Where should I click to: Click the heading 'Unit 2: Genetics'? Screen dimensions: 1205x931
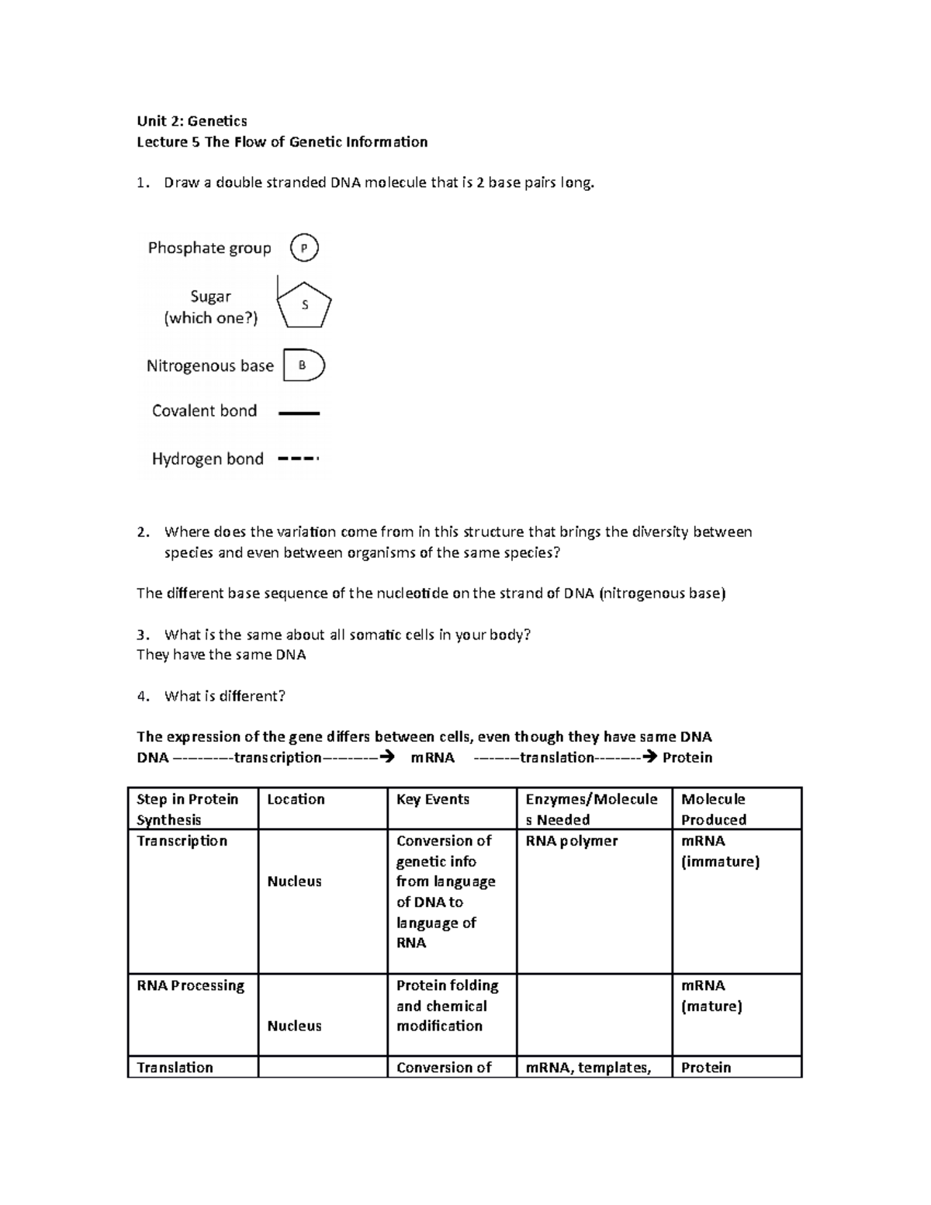pyautogui.click(x=192, y=121)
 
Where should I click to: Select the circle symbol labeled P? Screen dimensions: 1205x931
pyautogui.click(x=304, y=248)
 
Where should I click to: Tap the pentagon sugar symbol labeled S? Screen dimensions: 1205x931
pyautogui.click(x=305, y=305)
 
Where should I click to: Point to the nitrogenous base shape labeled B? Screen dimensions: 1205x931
pyautogui.click(x=303, y=365)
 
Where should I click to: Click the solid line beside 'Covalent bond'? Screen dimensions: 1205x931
pyautogui.click(x=299, y=414)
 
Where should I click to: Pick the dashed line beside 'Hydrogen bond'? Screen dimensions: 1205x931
pyautogui.click(x=298, y=459)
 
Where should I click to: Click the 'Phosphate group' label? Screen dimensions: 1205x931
pyautogui.click(x=209, y=248)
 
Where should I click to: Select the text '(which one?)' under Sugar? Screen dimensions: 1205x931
pyautogui.click(x=210, y=318)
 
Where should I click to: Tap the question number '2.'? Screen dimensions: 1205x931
pyautogui.click(x=142, y=532)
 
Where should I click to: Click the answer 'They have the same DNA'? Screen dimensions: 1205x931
pyautogui.click(x=221, y=655)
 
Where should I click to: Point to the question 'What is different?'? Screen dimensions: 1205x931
pyautogui.click(x=224, y=696)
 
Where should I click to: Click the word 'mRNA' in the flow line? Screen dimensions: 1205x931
pyautogui.click(x=432, y=758)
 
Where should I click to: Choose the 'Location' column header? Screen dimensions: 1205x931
pyautogui.click(x=296, y=799)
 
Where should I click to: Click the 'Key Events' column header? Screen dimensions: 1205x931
pyautogui.click(x=433, y=799)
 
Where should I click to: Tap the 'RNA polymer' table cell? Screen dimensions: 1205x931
pyautogui.click(x=572, y=841)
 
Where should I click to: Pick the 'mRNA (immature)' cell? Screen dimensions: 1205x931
pyautogui.click(x=719, y=851)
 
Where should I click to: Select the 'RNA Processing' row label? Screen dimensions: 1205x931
pyautogui.click(x=190, y=985)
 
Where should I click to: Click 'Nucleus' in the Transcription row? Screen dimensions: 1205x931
pyautogui.click(x=294, y=881)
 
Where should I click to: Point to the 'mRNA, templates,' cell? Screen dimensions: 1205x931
pyautogui.click(x=588, y=1068)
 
